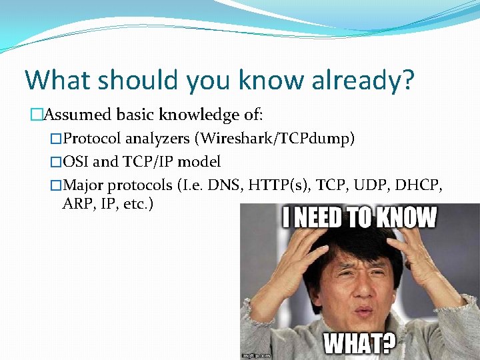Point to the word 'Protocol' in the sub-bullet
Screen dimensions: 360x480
pos(93,139)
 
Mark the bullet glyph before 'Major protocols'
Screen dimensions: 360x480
pos(56,185)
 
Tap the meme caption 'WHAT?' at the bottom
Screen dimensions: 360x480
pos(359,344)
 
